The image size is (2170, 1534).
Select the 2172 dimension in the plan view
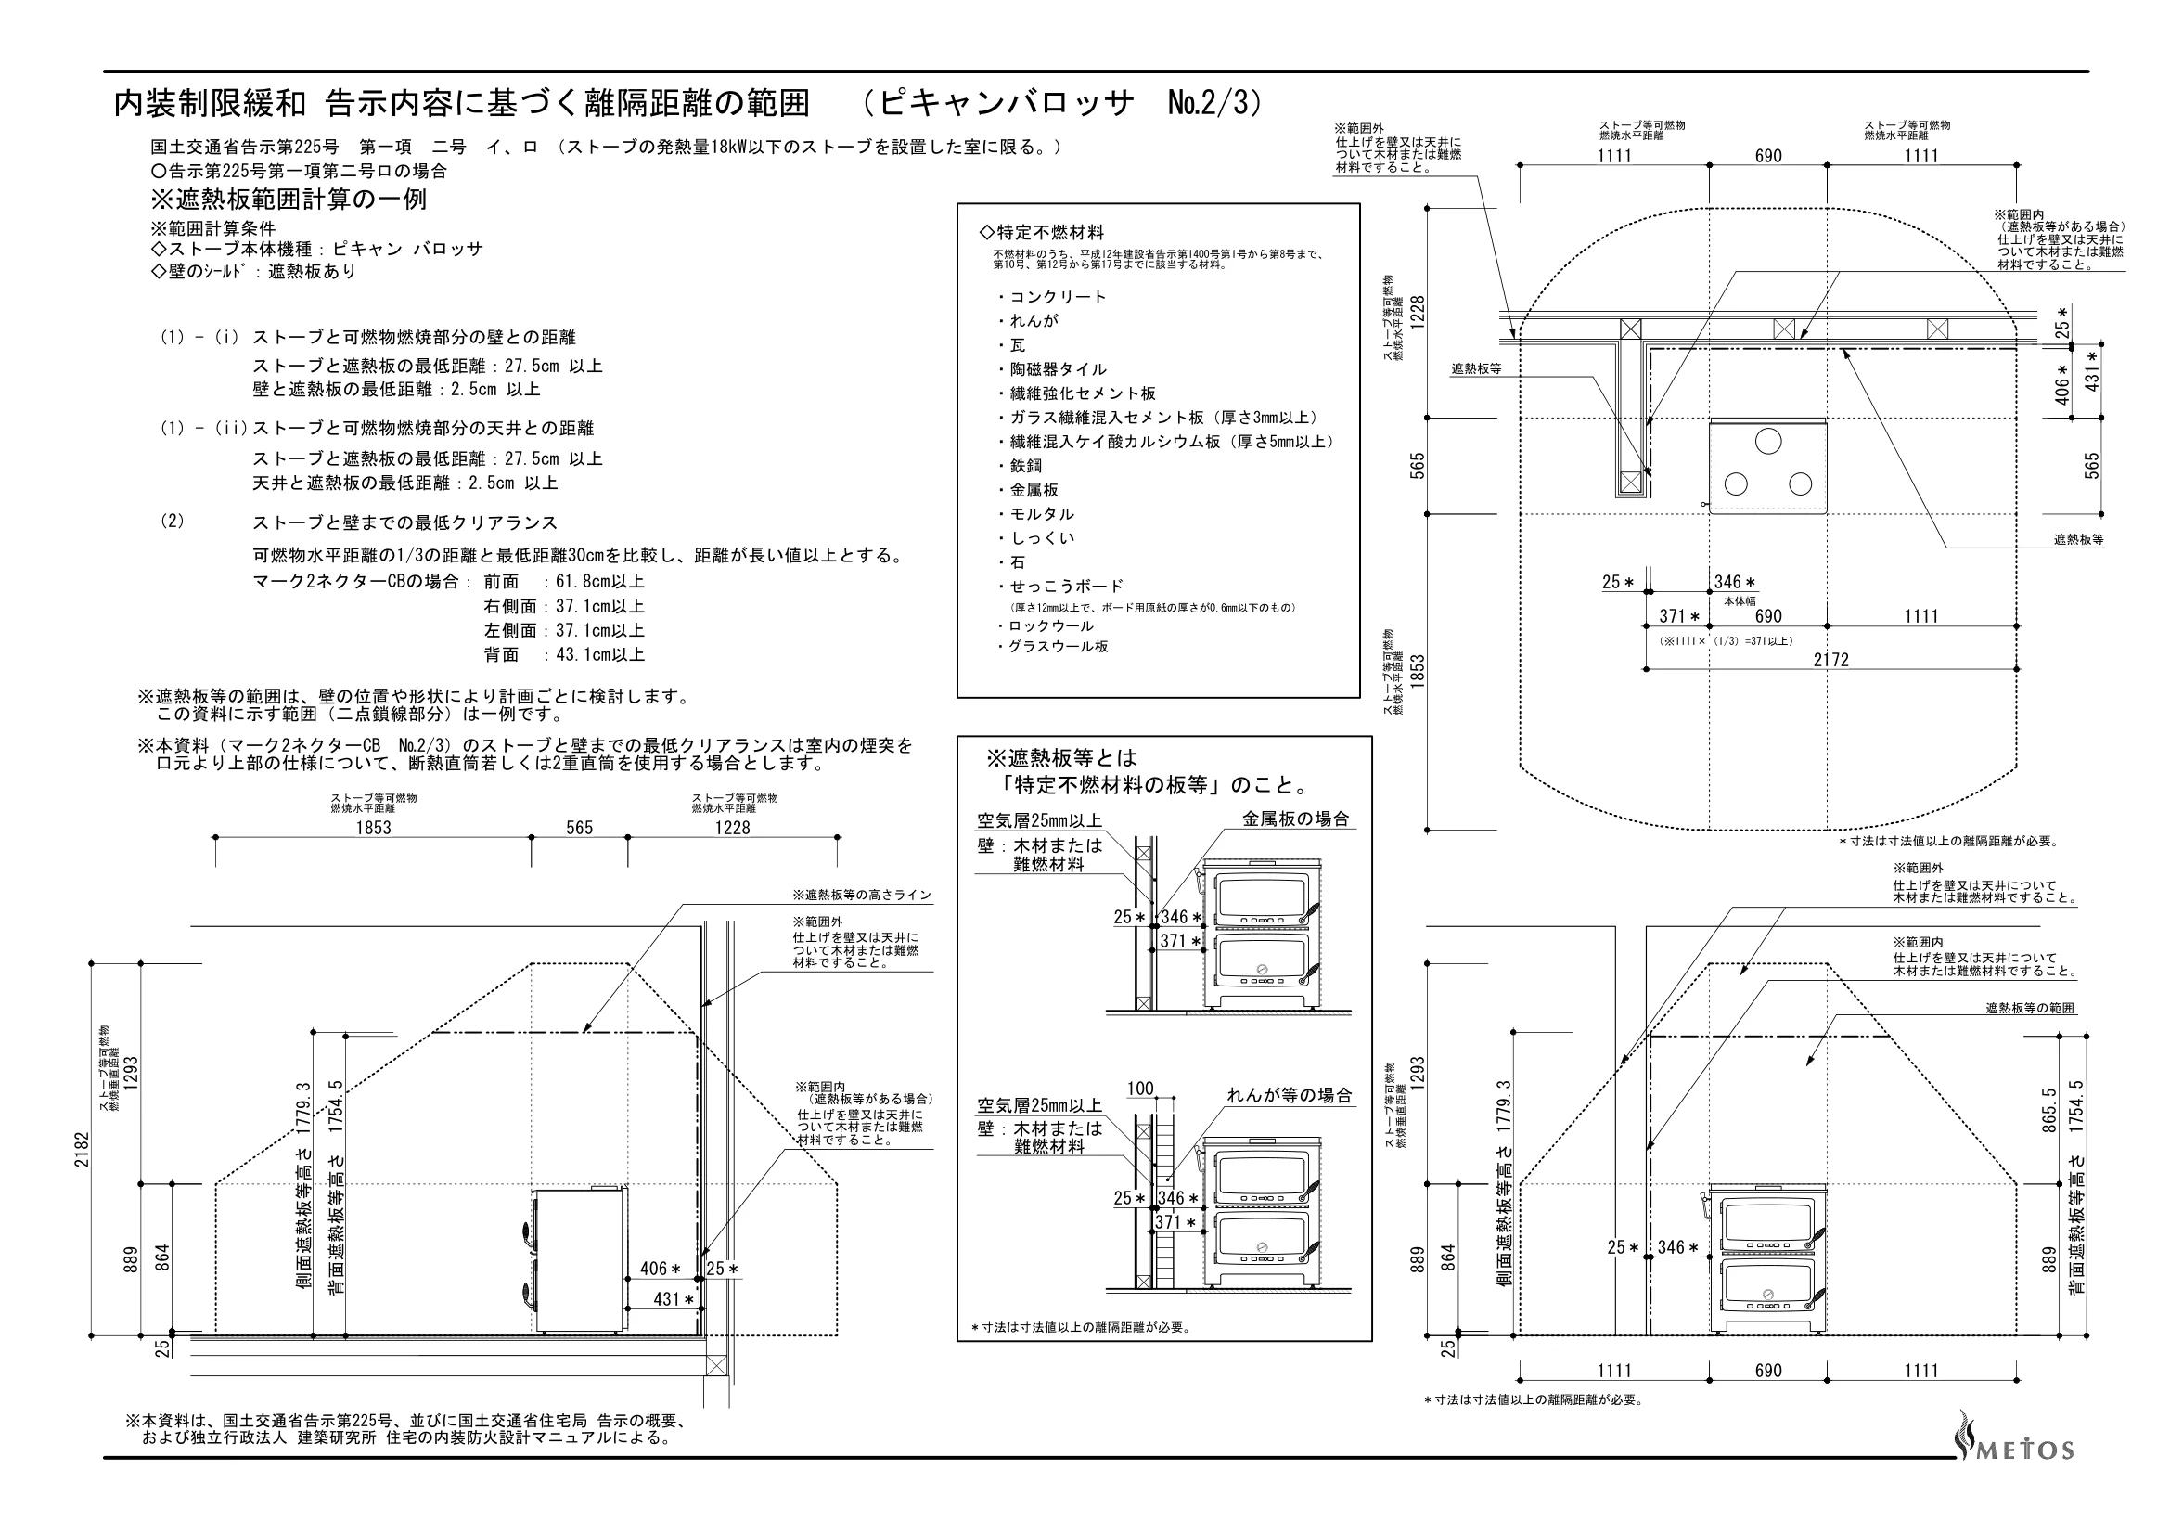pos(1830,660)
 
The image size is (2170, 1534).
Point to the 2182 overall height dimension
pos(82,1149)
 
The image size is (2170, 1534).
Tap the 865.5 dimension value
pos(2049,1110)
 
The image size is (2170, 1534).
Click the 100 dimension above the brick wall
pos(1141,1088)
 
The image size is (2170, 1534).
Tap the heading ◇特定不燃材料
pos(1042,233)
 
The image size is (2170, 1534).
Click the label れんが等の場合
pos(1290,1095)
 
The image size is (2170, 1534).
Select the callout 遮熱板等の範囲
pos(2030,1009)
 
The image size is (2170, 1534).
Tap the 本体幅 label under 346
pos(1740,600)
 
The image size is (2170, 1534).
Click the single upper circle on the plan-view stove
pos(1768,441)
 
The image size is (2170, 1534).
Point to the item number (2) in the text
pos(172,521)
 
